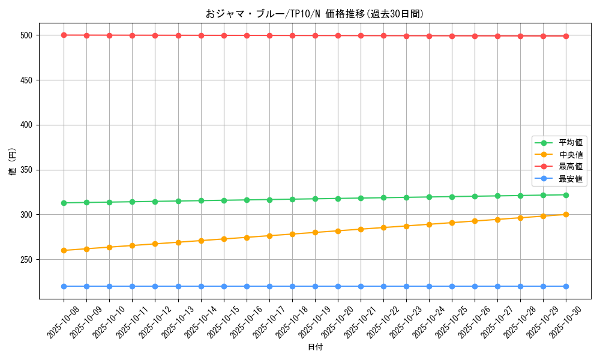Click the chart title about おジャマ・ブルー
[x=315, y=14]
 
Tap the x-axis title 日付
[x=315, y=347]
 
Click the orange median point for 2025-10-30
[x=566, y=214]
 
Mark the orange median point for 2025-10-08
[x=64, y=250]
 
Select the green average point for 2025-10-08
[x=64, y=203]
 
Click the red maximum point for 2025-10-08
[x=64, y=35]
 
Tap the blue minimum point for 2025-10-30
[x=566, y=286]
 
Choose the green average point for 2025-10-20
[x=338, y=199]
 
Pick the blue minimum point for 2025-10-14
[x=201, y=286]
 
